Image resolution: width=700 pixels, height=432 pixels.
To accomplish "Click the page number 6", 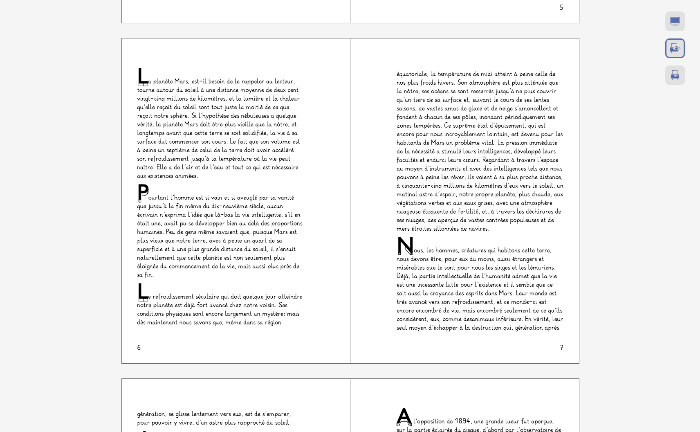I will pos(139,348).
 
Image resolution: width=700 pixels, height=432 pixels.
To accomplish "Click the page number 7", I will pos(561,348).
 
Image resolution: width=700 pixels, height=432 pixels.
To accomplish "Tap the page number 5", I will pos(561,7).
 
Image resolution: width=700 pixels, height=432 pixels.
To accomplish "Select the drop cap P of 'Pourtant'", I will pos(143,192).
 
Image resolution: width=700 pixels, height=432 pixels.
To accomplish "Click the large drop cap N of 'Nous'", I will pos(405,245).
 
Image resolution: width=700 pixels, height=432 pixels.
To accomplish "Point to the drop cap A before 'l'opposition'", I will pos(404,416).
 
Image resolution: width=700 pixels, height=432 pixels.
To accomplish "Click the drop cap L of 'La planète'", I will pos(142,77).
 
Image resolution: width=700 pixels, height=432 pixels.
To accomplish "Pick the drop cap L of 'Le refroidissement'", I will pos(142,292).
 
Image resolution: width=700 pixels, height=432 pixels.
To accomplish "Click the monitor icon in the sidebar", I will pos(675,21).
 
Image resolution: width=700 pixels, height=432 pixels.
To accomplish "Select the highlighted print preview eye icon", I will pos(675,48).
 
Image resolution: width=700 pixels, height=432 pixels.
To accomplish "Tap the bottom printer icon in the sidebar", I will pos(675,75).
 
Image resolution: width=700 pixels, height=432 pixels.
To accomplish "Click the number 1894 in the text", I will pos(462,421).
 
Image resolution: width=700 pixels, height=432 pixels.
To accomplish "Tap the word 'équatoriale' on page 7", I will pos(412,74).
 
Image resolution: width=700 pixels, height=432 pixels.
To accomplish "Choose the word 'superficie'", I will pos(150,249).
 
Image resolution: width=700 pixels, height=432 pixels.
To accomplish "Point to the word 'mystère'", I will pos(274,314).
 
